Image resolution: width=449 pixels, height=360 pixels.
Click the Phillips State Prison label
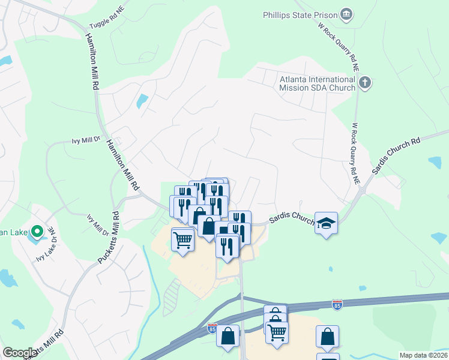tap(300, 14)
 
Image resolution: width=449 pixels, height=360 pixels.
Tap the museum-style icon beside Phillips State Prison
tap(346, 14)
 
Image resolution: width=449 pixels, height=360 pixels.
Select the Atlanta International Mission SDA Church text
tap(318, 83)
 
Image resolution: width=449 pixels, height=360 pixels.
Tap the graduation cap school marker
tap(326, 224)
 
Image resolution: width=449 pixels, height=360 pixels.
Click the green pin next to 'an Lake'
tap(37, 231)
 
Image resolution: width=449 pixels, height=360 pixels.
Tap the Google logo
tap(19, 353)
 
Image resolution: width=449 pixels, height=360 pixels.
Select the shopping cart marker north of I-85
tap(182, 240)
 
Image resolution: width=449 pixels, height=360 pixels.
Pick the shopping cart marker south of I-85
tap(277, 332)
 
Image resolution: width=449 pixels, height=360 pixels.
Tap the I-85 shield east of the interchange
tap(337, 305)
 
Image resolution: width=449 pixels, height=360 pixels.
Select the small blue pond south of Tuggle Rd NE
tap(142, 101)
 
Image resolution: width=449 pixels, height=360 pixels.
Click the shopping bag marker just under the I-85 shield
tap(229, 337)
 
